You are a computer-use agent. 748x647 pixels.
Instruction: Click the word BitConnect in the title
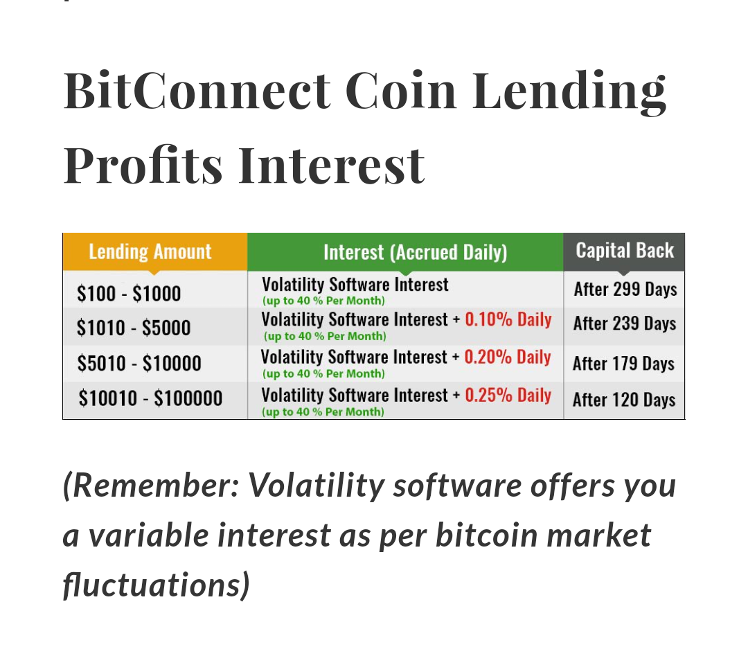[197, 90]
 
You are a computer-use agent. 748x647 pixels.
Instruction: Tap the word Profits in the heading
[143, 165]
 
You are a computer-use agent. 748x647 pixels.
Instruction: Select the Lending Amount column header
[150, 251]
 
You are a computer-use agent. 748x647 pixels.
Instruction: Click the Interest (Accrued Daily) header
[415, 252]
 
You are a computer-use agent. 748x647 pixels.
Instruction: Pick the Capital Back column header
[625, 250]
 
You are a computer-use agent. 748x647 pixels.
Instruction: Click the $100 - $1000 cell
[129, 293]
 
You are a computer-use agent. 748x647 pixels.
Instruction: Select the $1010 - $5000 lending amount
[134, 328]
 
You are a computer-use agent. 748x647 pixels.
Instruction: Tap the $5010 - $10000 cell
[139, 363]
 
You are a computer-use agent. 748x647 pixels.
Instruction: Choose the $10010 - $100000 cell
[150, 398]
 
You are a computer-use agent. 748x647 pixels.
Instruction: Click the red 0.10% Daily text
[508, 319]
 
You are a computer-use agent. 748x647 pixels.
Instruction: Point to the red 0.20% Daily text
[508, 357]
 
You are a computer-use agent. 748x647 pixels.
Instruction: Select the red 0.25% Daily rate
[508, 395]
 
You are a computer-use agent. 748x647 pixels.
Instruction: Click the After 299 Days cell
[625, 289]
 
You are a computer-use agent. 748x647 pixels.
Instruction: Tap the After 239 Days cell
[625, 323]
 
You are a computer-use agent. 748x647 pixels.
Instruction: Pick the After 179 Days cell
[623, 364]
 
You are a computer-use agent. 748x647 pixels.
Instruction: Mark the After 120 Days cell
[624, 400]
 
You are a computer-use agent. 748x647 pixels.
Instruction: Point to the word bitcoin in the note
[487, 535]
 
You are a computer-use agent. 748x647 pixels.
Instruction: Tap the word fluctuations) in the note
[157, 585]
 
